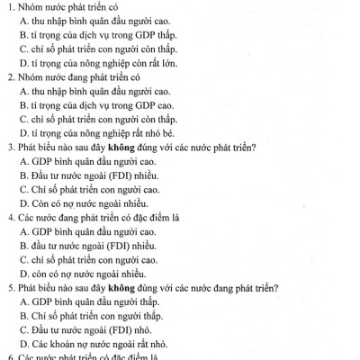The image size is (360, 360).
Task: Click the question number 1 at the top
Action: click(x=9, y=8)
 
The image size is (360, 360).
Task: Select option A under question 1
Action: click(x=24, y=22)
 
